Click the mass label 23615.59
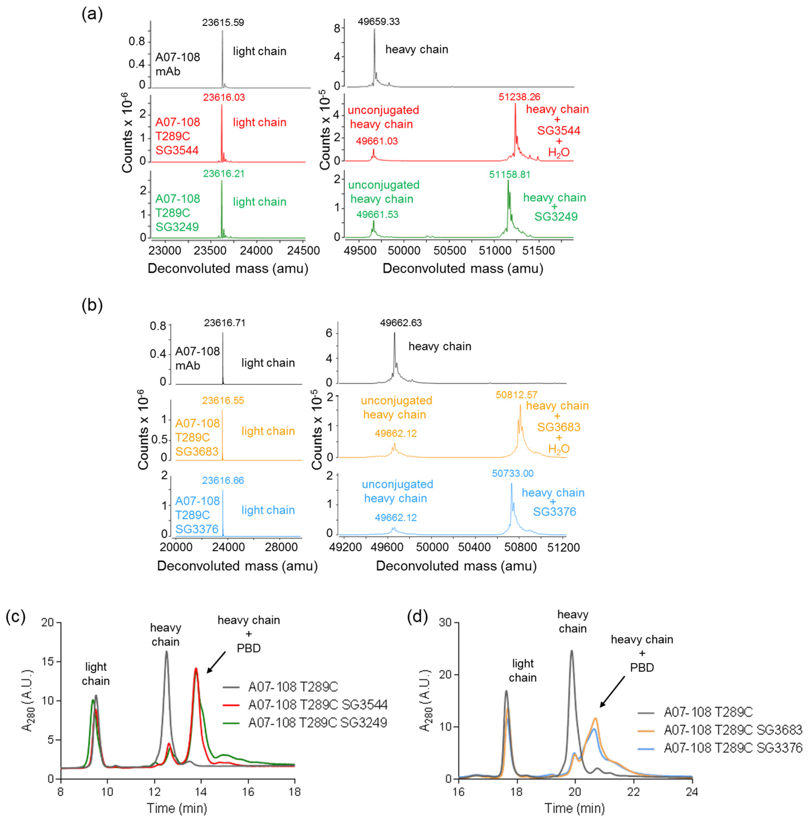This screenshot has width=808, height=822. click(223, 23)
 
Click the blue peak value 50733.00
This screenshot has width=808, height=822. click(513, 473)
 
